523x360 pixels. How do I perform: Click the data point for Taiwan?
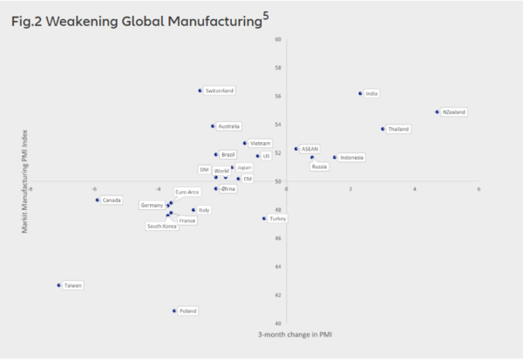click(x=59, y=285)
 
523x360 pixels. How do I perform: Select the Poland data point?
click(x=174, y=310)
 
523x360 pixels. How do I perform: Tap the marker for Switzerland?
click(x=200, y=90)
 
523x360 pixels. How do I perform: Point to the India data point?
click(x=360, y=93)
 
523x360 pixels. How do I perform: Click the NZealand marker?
click(x=437, y=112)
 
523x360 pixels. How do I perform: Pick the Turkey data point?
click(x=264, y=219)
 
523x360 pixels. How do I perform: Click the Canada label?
click(x=112, y=200)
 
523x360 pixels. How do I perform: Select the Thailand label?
click(x=398, y=129)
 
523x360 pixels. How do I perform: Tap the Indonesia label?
click(x=352, y=158)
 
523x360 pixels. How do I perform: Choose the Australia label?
click(x=229, y=126)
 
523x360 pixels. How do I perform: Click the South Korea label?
click(x=162, y=226)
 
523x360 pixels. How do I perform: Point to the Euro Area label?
click(x=187, y=192)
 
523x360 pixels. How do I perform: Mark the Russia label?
click(x=319, y=166)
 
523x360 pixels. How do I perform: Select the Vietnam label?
click(x=260, y=143)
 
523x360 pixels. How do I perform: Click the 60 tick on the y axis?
click(x=278, y=39)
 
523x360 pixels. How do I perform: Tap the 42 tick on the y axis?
click(x=278, y=295)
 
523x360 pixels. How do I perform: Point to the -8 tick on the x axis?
click(x=31, y=188)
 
